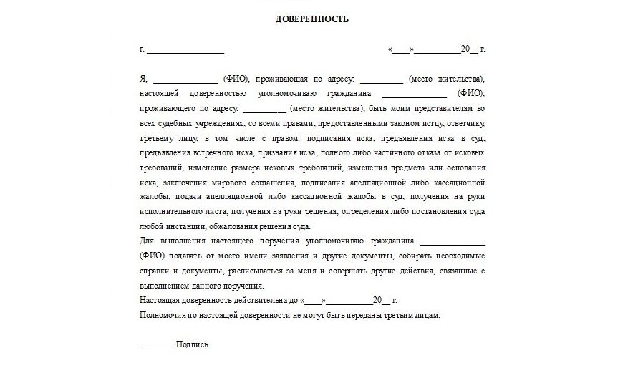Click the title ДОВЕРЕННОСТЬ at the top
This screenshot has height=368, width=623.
311,19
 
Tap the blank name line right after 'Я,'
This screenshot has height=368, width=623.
185,79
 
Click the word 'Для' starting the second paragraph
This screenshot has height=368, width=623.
147,241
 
